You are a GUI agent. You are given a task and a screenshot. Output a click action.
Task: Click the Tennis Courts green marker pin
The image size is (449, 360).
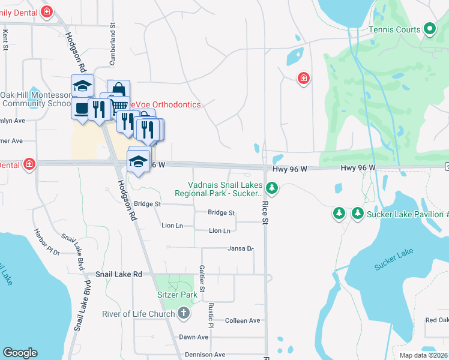tap(429, 29)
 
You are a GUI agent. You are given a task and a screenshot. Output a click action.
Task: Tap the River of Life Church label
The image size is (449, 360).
tap(138, 314)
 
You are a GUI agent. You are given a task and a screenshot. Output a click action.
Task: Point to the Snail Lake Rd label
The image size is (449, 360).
tap(119, 274)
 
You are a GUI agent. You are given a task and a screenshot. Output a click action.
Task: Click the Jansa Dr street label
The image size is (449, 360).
tap(241, 248)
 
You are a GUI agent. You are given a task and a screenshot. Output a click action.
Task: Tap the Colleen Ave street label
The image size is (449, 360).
tap(243, 321)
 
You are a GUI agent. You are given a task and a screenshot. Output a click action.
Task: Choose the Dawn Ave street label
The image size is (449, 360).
tap(193, 337)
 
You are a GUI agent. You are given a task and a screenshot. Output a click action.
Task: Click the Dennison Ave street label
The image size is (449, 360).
tap(205, 355)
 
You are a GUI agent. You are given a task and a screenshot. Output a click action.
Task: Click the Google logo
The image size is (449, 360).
tap(20, 353)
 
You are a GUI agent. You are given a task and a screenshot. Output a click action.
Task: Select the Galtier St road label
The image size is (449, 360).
tap(202, 279)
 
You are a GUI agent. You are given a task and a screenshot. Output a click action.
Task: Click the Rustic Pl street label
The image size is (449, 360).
tap(211, 315)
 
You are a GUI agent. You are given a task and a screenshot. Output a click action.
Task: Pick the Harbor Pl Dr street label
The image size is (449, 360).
tap(46, 242)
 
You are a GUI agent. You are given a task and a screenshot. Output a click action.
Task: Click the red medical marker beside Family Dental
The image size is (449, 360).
tap(47, 11)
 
